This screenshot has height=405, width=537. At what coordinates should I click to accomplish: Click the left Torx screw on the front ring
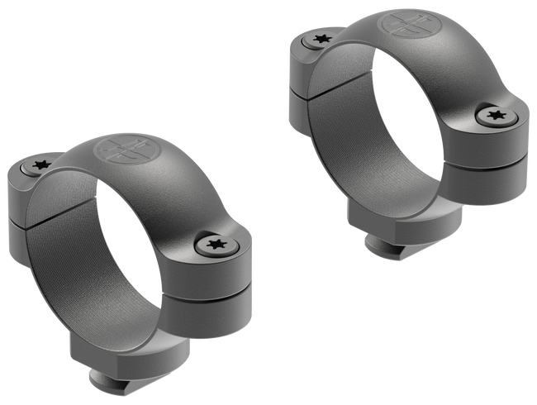coord(38,166)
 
